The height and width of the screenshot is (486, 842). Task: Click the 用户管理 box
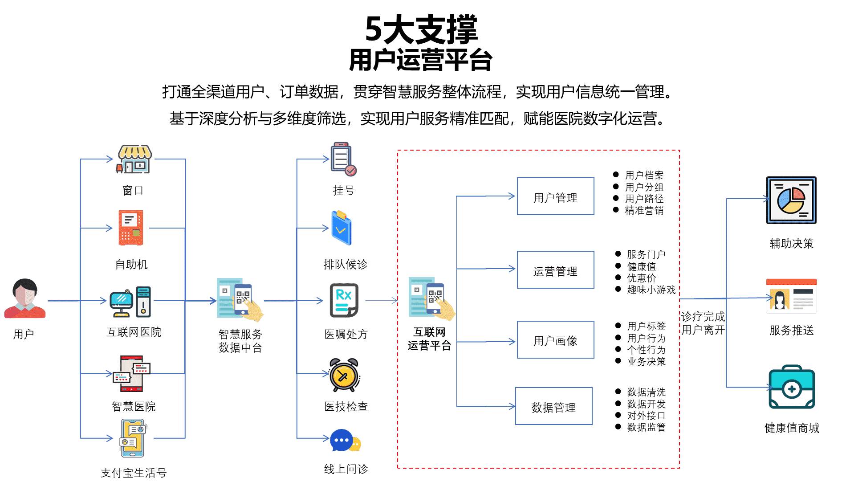point(555,196)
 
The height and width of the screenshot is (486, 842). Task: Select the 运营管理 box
point(555,270)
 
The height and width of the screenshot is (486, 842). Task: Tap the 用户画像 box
point(555,340)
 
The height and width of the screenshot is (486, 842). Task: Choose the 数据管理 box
point(553,406)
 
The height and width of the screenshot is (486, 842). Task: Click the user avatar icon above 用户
point(25,298)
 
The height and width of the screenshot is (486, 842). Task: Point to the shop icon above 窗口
point(134,159)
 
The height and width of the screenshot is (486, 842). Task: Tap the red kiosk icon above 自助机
point(131,228)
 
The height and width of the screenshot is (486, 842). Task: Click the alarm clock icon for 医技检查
point(344,375)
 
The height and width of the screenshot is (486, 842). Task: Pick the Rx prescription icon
point(344,300)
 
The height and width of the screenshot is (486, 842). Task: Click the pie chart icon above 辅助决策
point(791,200)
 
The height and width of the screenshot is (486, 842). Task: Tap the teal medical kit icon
point(791,387)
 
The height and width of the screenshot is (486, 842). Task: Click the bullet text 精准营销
point(644,210)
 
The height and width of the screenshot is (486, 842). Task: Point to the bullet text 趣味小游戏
point(651,290)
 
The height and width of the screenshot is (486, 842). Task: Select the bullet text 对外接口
point(646,416)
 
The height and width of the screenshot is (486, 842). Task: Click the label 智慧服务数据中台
point(240,341)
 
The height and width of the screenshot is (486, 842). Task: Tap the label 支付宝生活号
point(133,473)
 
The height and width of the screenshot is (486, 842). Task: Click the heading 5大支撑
point(421,29)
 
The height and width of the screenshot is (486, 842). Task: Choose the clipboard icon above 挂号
point(343,159)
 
